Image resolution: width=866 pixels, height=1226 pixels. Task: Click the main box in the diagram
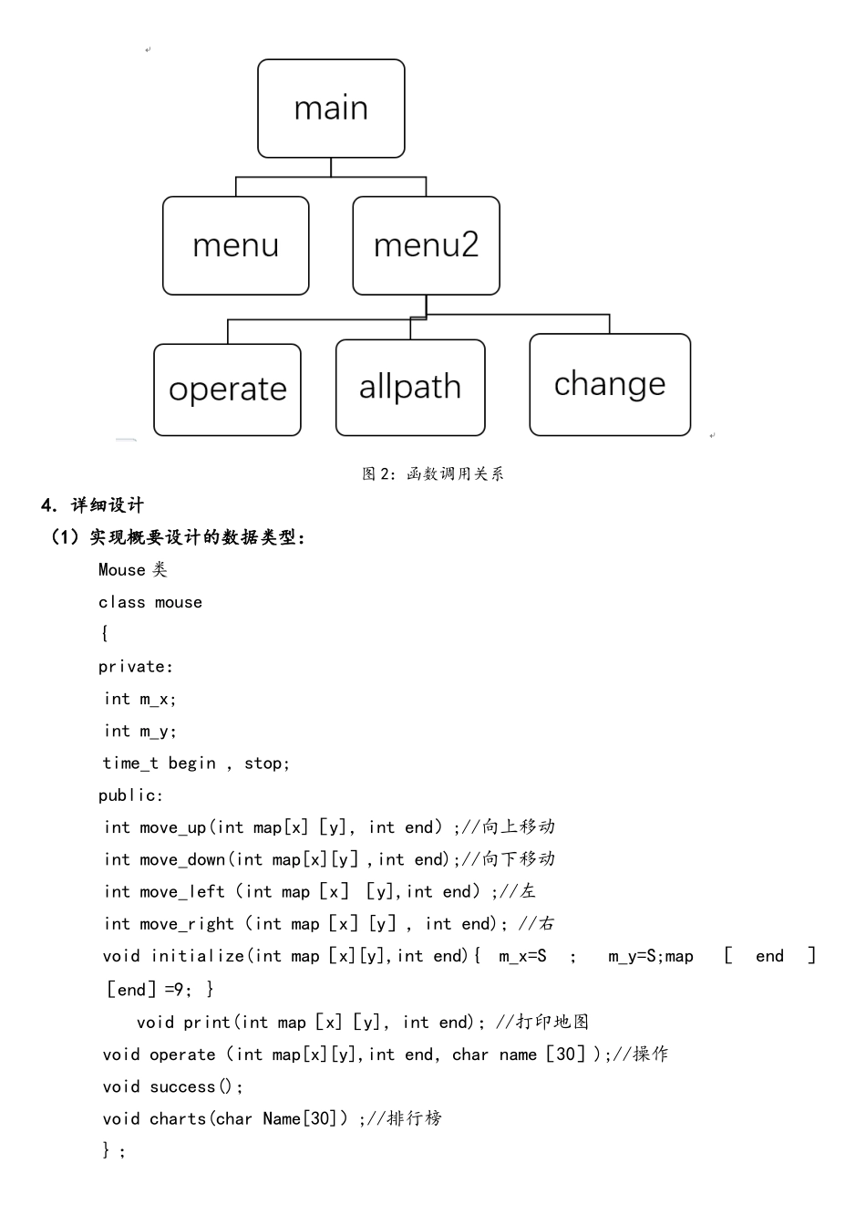coord(331,109)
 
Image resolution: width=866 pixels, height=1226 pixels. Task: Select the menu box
coord(235,245)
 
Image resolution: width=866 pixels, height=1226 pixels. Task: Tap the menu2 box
coord(426,245)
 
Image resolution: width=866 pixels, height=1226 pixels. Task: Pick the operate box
coord(227,390)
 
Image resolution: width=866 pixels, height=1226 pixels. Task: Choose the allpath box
coord(410,387)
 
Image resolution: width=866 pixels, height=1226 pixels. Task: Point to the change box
coord(610,384)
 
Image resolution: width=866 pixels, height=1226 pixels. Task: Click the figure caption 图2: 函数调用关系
coord(433,473)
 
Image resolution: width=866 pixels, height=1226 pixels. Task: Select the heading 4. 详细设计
coord(93,505)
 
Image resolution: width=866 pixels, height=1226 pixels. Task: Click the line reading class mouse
coord(150,602)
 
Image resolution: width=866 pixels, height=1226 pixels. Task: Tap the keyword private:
coord(136,667)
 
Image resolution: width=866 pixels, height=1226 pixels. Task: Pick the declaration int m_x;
coord(139,699)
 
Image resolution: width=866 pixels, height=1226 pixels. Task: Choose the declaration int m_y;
coord(139,731)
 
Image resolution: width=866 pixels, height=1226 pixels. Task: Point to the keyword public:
coord(131,795)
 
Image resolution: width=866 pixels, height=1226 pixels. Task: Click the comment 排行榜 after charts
coord(415,1118)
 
